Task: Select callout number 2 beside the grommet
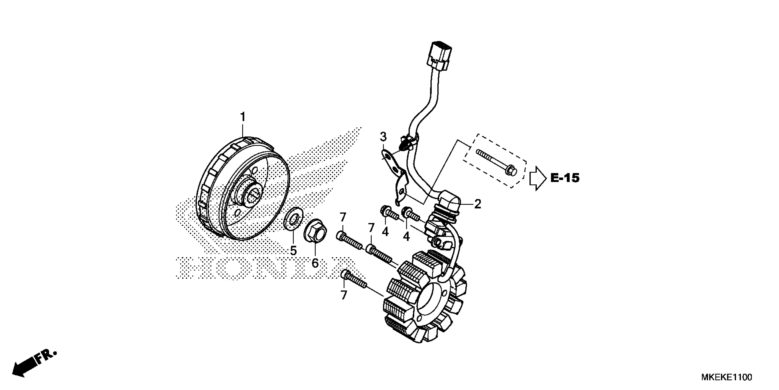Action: point(477,204)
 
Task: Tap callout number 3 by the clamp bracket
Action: point(383,137)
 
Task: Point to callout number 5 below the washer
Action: point(293,251)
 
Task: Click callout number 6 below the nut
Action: point(315,263)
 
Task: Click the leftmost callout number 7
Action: point(343,217)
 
